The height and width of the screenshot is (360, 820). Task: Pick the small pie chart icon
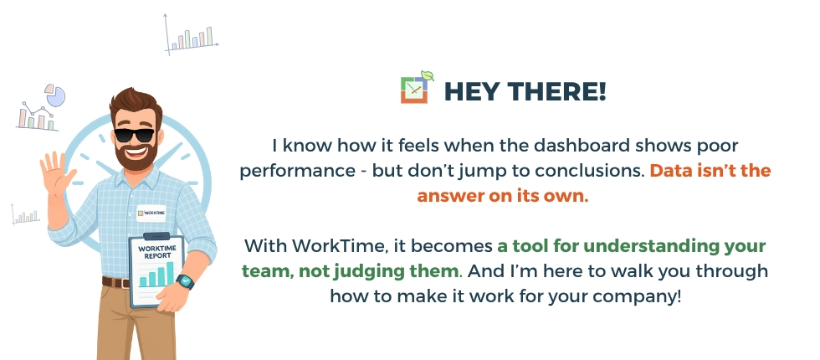coord(54,95)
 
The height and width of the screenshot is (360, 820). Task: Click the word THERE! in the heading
coord(558,91)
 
